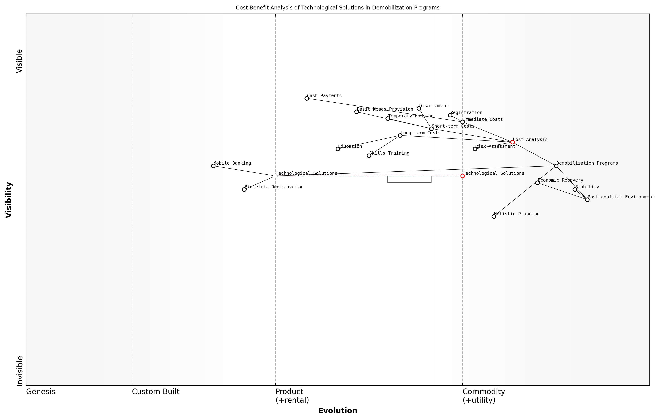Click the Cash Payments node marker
[x=307, y=98]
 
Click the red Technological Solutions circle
[x=463, y=176]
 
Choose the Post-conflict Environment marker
[x=587, y=200]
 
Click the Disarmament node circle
[x=419, y=108]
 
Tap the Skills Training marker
[x=369, y=156]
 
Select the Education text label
[x=350, y=146]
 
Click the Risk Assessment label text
[x=495, y=146]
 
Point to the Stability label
[x=587, y=187]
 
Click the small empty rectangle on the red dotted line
[x=409, y=179]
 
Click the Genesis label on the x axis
[x=41, y=392]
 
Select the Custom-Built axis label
[x=156, y=392]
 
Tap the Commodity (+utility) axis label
[x=484, y=396]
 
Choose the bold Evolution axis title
[x=338, y=411]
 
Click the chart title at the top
[x=338, y=8]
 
